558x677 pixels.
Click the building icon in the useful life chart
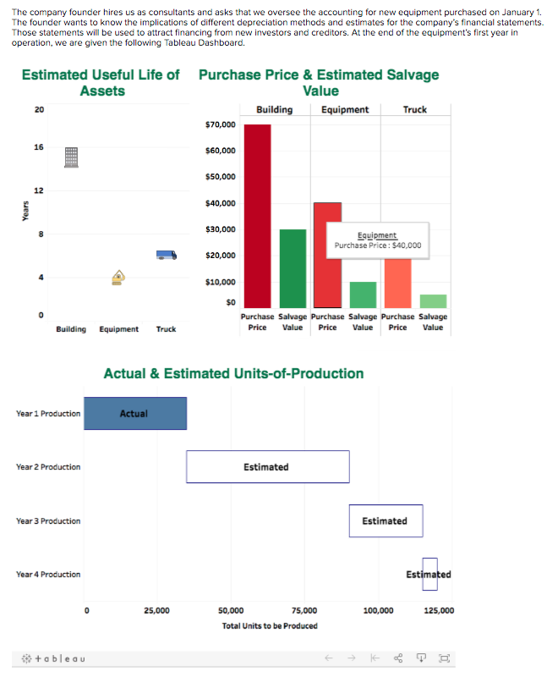point(72,156)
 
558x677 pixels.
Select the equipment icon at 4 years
point(119,277)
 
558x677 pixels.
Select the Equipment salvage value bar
point(363,294)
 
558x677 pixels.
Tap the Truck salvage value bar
point(433,301)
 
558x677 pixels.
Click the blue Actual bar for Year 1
point(135,413)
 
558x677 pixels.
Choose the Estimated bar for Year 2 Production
point(267,467)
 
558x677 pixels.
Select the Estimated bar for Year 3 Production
point(386,520)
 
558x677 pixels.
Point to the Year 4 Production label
point(48,575)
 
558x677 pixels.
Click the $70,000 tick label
point(221,125)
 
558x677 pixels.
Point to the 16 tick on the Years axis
point(39,146)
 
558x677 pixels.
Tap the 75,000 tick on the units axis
point(304,610)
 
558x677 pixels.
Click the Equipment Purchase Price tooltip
point(378,240)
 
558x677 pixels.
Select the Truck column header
point(414,109)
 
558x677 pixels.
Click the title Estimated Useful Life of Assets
point(101,83)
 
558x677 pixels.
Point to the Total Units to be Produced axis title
point(270,625)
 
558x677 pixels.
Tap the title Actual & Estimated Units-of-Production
point(233,373)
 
